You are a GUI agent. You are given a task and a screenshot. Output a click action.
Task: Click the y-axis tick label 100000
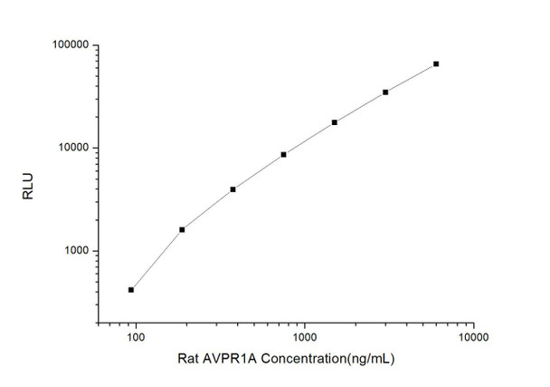tap(65, 44)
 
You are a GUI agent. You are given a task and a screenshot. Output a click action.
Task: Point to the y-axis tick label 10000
tap(68, 148)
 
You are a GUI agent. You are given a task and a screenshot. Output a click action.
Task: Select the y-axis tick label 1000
tap(71, 251)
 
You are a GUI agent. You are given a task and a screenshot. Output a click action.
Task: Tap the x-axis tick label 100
tap(135, 338)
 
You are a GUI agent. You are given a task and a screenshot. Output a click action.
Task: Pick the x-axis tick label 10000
tap(473, 338)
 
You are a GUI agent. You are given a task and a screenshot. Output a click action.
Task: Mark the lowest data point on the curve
tap(131, 289)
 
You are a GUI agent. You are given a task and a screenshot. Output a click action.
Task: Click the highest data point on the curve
tap(436, 63)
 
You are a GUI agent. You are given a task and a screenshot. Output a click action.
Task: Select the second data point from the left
tap(182, 229)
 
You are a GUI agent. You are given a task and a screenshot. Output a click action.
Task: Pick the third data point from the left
tap(233, 189)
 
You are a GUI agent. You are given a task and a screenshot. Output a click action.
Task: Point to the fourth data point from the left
tap(284, 154)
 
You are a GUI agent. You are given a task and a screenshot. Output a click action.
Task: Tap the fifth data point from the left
tap(335, 121)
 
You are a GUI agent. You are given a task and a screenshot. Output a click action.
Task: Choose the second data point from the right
tap(385, 92)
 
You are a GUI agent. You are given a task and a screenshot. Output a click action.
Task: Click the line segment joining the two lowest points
tap(156, 259)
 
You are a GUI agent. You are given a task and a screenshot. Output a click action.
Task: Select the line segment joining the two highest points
tap(411, 78)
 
